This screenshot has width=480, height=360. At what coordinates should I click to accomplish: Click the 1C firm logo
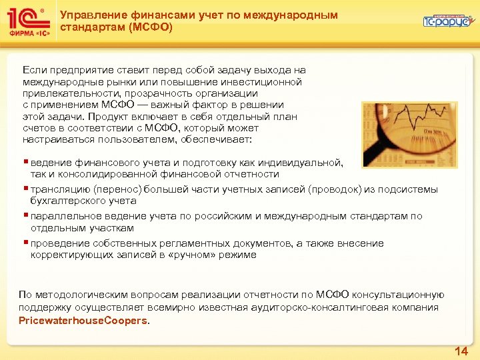[27, 22]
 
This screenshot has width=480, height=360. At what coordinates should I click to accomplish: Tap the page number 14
[461, 350]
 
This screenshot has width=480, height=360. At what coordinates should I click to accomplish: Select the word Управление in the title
[87, 15]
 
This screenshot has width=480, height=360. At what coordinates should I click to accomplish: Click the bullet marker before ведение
[25, 163]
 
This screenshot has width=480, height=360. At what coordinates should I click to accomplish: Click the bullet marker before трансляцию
[25, 189]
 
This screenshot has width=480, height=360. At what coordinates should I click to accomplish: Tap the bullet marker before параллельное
[25, 216]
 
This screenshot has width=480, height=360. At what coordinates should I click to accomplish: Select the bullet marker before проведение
[25, 243]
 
